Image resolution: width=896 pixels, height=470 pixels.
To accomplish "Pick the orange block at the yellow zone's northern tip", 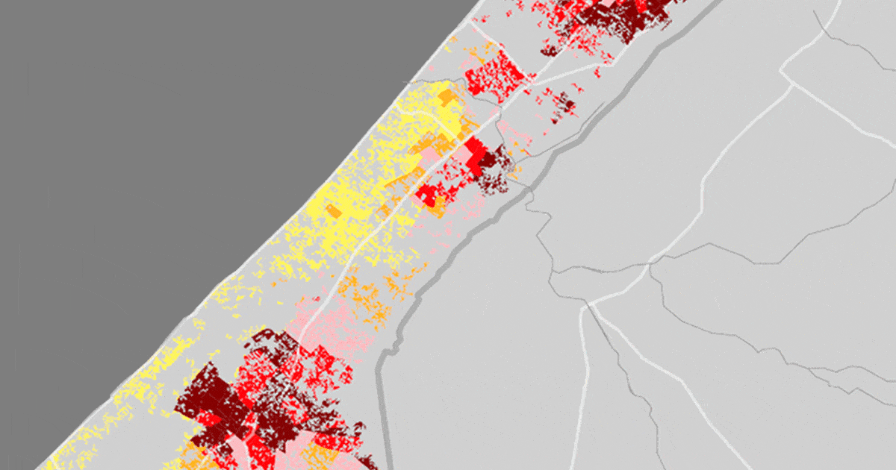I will [446, 96].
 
